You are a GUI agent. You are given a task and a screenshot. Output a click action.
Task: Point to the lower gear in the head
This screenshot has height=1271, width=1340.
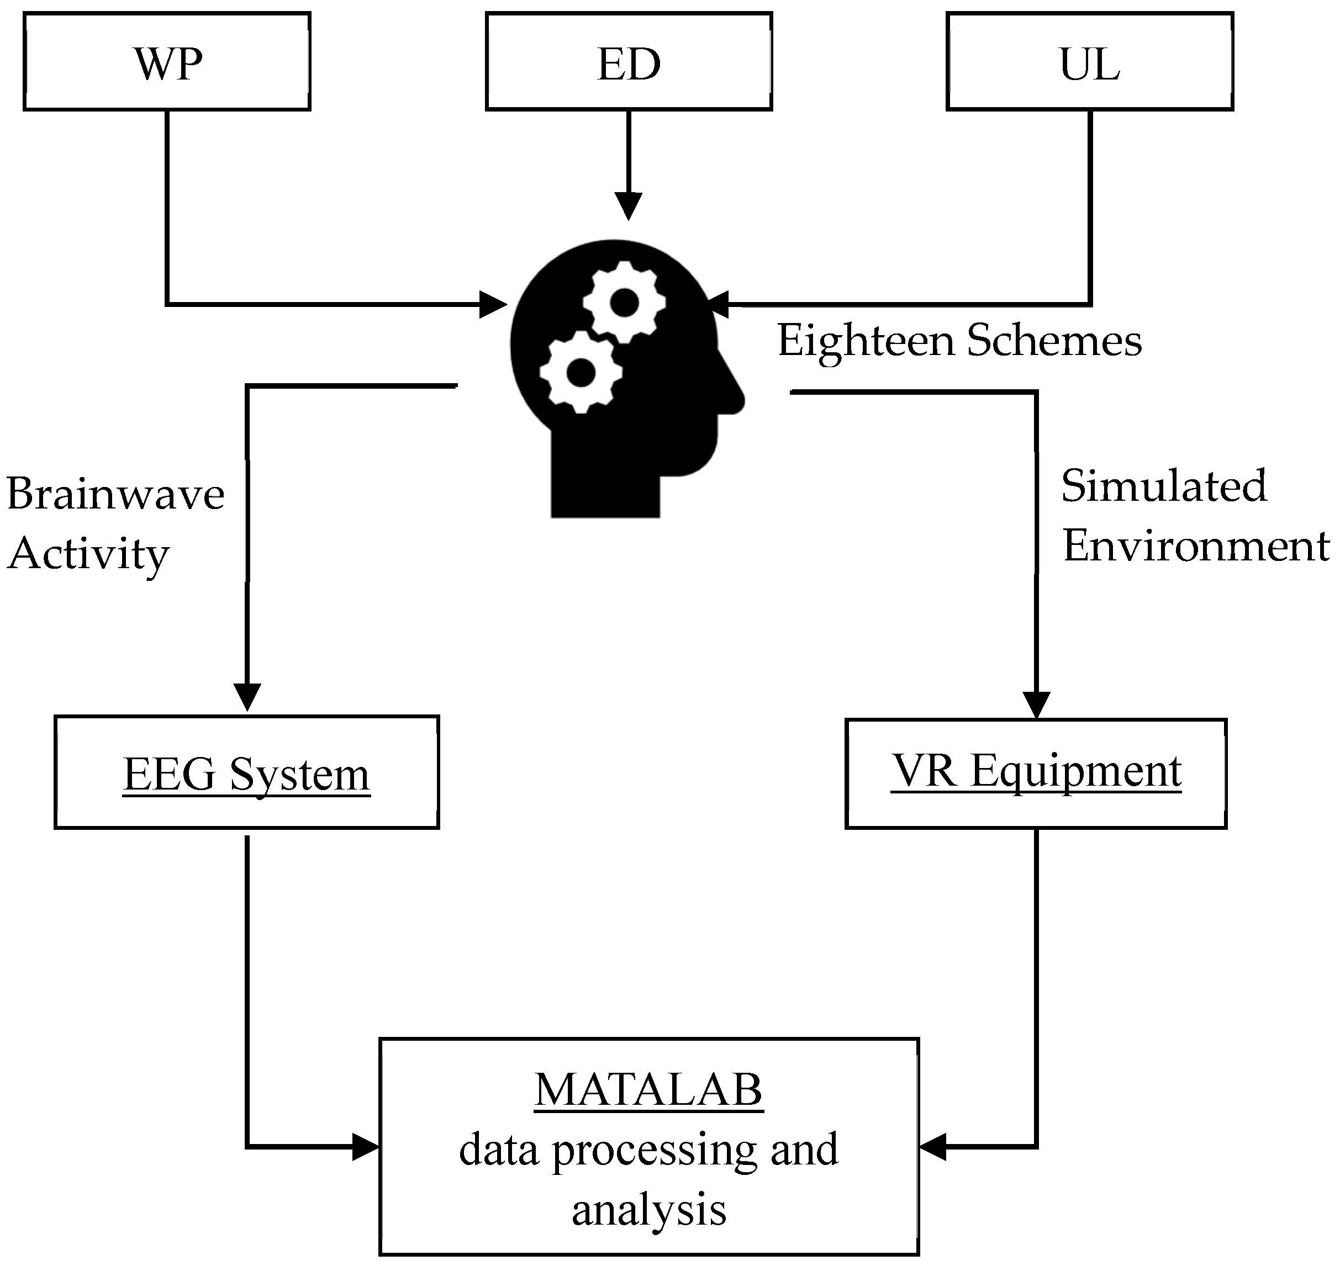tap(581, 372)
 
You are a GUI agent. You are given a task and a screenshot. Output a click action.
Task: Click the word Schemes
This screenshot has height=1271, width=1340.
tap(1054, 340)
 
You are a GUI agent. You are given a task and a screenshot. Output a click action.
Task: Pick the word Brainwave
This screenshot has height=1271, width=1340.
tap(115, 494)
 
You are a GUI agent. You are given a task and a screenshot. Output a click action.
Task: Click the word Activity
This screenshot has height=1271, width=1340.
tap(88, 554)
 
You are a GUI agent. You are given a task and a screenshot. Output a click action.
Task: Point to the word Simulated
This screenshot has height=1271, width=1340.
tap(1164, 486)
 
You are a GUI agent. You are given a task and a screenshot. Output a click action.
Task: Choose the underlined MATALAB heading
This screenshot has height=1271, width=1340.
tap(648, 1092)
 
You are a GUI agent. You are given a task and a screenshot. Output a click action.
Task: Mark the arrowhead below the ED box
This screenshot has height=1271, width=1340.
tap(629, 205)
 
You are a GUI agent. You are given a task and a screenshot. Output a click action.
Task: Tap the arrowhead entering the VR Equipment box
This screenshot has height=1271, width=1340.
tap(1036, 704)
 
